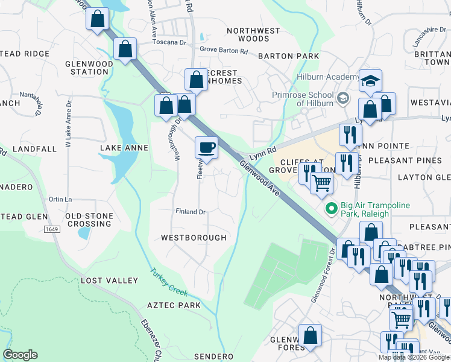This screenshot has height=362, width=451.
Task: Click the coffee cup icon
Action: (207, 147)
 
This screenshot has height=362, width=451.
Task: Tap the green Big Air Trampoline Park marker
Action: (331, 209)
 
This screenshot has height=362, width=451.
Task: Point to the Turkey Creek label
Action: (169, 282)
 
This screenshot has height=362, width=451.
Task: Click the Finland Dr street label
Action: (191, 212)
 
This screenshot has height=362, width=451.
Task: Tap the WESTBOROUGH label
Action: (194, 238)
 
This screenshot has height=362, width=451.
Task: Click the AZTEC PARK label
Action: (174, 306)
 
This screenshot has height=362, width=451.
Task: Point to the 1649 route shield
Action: (52, 229)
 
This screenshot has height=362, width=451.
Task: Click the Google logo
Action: (20, 355)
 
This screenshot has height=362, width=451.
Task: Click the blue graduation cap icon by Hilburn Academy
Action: (370, 80)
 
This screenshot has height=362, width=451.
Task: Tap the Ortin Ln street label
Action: (60, 200)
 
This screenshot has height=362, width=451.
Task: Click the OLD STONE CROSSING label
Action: (89, 220)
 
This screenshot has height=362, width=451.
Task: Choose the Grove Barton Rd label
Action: (224, 51)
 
